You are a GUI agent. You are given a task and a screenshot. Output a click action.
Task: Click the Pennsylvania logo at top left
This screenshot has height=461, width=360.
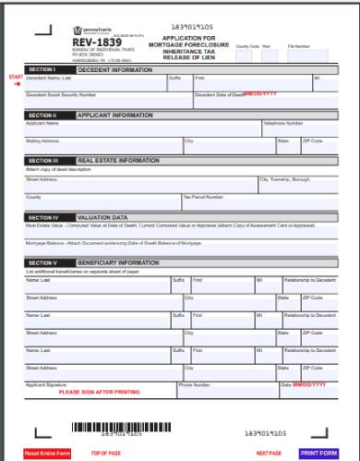87,31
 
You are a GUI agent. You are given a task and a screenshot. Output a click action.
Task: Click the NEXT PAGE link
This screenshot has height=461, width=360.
269,453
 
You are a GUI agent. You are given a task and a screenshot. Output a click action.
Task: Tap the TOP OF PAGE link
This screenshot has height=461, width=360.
105,453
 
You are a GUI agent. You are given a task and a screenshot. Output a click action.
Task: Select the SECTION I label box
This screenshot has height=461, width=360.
42,68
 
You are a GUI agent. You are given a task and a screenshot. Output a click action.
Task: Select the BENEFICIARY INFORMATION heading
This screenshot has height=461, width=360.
121,262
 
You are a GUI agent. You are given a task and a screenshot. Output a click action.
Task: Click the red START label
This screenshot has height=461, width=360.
15,76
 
